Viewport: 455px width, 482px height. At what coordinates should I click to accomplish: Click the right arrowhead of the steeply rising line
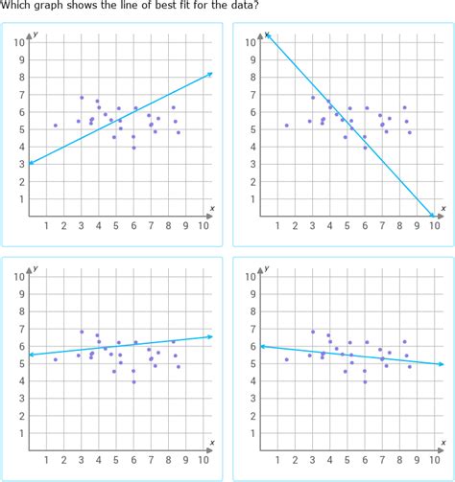[210, 74]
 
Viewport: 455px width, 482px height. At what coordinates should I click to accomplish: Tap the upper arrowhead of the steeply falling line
[268, 35]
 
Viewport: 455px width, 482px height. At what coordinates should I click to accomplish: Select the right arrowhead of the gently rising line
[210, 336]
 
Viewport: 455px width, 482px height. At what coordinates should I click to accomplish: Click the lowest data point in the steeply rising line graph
[133, 148]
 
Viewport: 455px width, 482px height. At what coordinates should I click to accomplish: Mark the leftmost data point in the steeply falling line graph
[286, 126]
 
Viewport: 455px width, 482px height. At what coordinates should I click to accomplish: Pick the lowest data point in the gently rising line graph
[133, 381]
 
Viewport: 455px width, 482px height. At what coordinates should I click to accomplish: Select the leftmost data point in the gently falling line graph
[286, 359]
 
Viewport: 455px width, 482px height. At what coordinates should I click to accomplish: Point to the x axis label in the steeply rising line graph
[212, 207]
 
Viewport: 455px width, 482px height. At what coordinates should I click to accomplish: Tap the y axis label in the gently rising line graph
[35, 268]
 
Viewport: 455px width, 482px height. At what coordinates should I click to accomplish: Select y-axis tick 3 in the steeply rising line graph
[20, 164]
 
